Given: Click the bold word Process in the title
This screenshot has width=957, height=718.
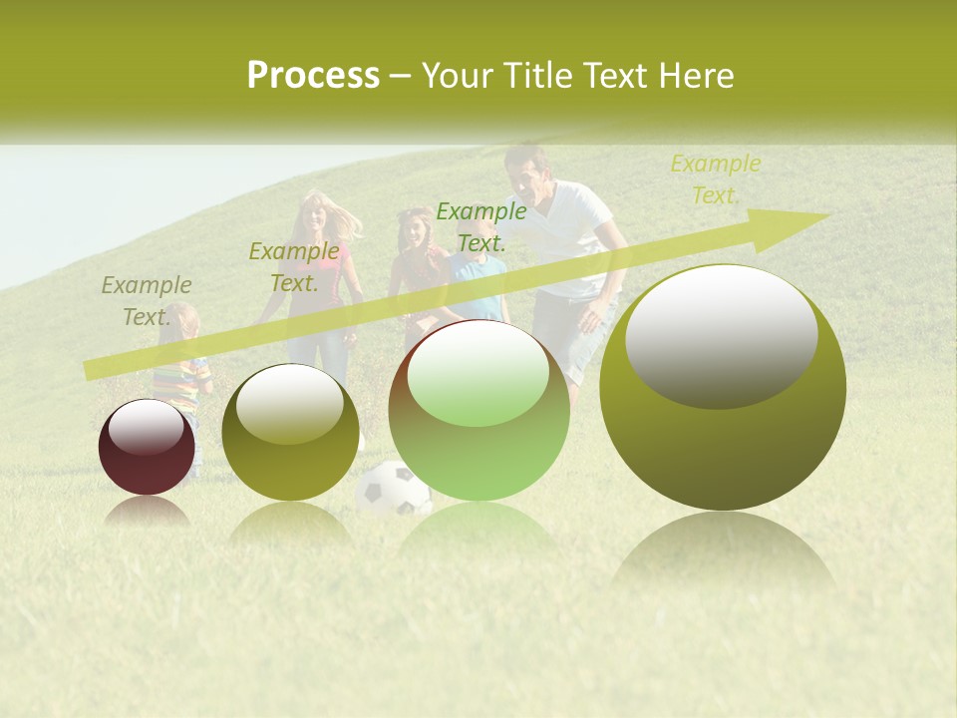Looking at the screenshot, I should pyautogui.click(x=313, y=76).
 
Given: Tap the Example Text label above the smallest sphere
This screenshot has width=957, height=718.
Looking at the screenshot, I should pyautogui.click(x=146, y=301).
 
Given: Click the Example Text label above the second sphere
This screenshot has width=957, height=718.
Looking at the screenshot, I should pyautogui.click(x=293, y=267).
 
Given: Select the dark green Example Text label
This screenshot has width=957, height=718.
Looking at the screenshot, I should pyautogui.click(x=480, y=227).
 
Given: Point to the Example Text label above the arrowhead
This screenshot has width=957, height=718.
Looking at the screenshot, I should pyautogui.click(x=715, y=179).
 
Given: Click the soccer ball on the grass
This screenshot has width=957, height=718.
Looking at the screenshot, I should pyautogui.click(x=393, y=489).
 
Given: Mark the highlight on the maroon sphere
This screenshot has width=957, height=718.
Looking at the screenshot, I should pyautogui.click(x=146, y=430).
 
